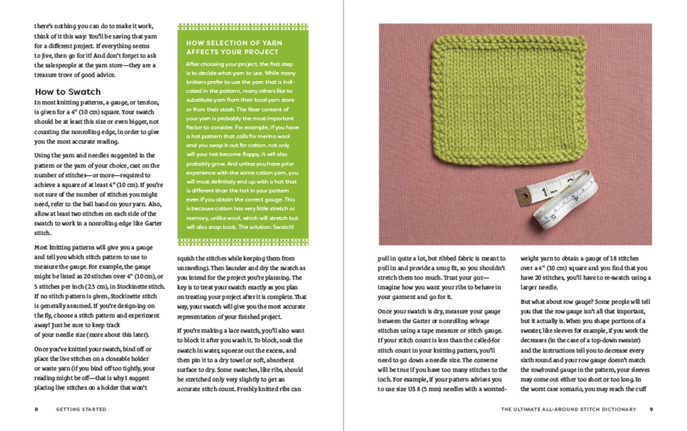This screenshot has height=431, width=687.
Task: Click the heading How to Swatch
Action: pos(67,92)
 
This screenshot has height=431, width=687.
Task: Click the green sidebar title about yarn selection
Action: pos(233,47)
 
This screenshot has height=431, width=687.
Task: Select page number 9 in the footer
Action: pos(651,409)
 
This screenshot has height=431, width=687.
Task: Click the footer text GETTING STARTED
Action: pos(81,409)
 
